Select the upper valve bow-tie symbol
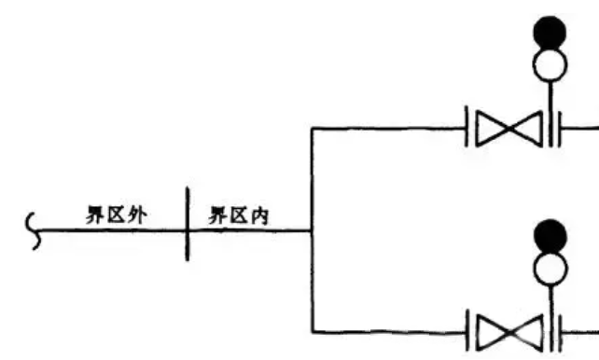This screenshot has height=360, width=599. coord(508,129)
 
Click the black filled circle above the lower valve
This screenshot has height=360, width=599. coord(550,235)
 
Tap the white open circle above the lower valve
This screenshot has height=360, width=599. coord(550,267)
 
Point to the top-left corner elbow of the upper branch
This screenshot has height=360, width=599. coord(311,129)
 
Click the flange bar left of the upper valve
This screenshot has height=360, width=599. coord(467,129)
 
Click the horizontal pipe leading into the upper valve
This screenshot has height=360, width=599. coord(387,129)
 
